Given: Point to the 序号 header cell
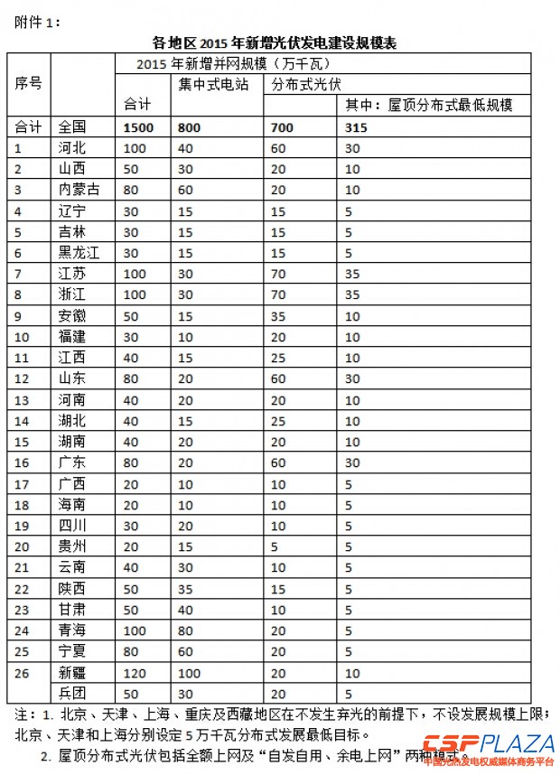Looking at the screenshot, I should (29, 84).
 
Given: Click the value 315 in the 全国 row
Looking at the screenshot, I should (356, 127).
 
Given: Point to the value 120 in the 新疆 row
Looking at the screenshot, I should (135, 673).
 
